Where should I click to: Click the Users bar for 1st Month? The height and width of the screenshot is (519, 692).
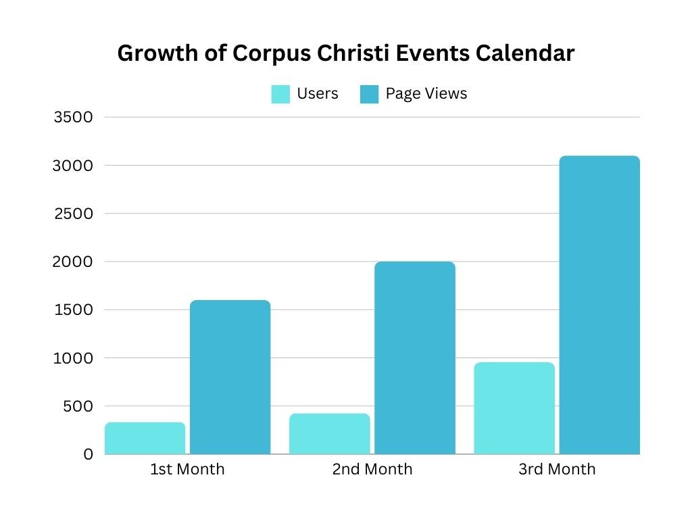pyautogui.click(x=145, y=438)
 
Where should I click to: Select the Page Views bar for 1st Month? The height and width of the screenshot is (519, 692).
pyautogui.click(x=230, y=377)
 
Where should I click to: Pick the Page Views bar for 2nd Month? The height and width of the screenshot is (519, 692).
pyautogui.click(x=415, y=357)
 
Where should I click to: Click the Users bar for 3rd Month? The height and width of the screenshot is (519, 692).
pyautogui.click(x=514, y=408)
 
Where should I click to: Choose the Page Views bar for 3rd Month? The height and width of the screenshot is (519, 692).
pyautogui.click(x=599, y=305)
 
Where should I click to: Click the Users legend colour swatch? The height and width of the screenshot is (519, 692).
pyautogui.click(x=280, y=94)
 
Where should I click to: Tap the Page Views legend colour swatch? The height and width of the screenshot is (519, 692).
pyautogui.click(x=369, y=94)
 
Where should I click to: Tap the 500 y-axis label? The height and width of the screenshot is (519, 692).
pyautogui.click(x=78, y=406)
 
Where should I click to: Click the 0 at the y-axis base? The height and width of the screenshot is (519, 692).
pyautogui.click(x=88, y=455)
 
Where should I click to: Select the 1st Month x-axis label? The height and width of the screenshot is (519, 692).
pyautogui.click(x=187, y=469)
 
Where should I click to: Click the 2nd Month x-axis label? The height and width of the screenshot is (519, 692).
pyautogui.click(x=372, y=469)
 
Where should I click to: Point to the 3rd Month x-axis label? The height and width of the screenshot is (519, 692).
pyautogui.click(x=557, y=469)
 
